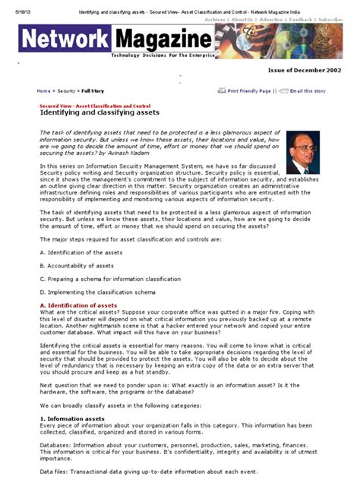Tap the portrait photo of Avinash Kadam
click(302, 152)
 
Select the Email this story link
click(308, 90)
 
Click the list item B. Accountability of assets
click(76, 265)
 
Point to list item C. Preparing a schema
click(99, 279)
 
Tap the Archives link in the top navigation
click(215, 19)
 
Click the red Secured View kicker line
click(94, 105)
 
